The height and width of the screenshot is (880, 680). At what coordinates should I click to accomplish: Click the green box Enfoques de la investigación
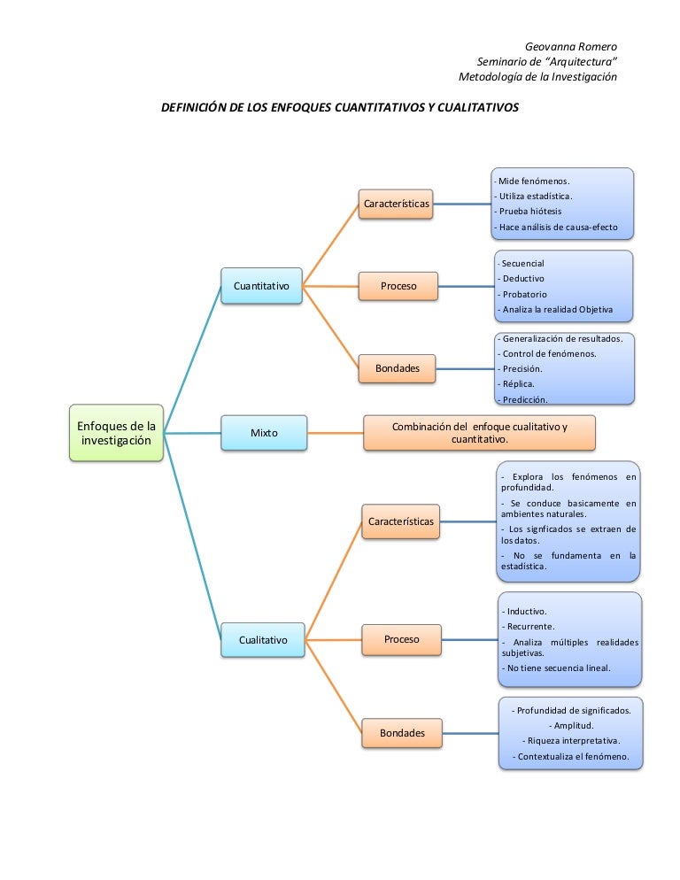pyautogui.click(x=116, y=433)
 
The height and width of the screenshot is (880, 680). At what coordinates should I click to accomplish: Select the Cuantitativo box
pyautogui.click(x=261, y=286)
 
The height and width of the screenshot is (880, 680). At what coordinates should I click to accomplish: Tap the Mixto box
pyautogui.click(x=264, y=433)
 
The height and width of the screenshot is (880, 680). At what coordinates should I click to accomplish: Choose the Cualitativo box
pyautogui.click(x=263, y=639)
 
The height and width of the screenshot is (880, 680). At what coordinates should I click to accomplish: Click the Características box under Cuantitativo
pyautogui.click(x=396, y=204)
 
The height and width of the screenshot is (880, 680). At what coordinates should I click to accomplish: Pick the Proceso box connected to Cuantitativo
pyautogui.click(x=398, y=286)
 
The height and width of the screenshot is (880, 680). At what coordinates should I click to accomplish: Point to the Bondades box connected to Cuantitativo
pyautogui.click(x=398, y=367)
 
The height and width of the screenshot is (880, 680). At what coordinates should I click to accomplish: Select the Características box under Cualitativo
pyautogui.click(x=400, y=521)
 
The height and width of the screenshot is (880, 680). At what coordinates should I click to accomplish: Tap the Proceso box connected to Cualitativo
pyautogui.click(x=401, y=638)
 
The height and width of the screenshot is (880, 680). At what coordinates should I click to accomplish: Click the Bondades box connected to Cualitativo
pyautogui.click(x=402, y=732)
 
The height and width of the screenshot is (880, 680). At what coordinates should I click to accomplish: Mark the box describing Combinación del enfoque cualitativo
pyautogui.click(x=479, y=433)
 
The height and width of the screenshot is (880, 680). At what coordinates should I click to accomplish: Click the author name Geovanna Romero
pyautogui.click(x=571, y=46)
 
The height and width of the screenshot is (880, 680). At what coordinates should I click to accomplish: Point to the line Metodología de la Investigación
pyautogui.click(x=537, y=77)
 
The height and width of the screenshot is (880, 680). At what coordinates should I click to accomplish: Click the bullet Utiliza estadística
pyautogui.click(x=535, y=196)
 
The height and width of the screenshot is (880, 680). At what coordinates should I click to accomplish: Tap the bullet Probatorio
pyautogui.click(x=523, y=294)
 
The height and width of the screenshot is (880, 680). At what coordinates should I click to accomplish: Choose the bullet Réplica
pyautogui.click(x=517, y=383)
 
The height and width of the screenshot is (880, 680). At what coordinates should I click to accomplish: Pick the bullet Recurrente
pyautogui.click(x=529, y=626)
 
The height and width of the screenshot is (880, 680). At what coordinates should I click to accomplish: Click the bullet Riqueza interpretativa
pyautogui.click(x=569, y=740)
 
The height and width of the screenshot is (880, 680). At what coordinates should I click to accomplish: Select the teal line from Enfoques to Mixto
pyautogui.click(x=192, y=433)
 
